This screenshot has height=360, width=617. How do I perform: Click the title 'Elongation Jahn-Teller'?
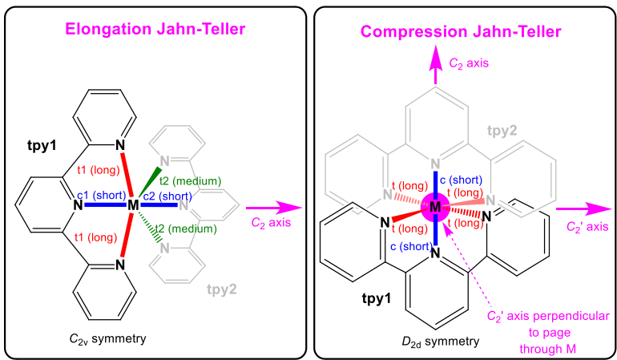pyautogui.click(x=156, y=30)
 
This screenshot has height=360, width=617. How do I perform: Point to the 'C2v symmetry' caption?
pyautogui.click(x=107, y=338)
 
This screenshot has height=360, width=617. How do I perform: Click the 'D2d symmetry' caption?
pyautogui.click(x=441, y=342)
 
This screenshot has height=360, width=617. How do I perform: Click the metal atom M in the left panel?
pyautogui.click(x=133, y=205)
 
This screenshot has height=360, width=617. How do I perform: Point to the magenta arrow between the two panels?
pyautogui.click(x=262, y=205)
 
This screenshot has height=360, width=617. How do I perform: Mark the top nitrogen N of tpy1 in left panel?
pyautogui.click(x=120, y=145)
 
